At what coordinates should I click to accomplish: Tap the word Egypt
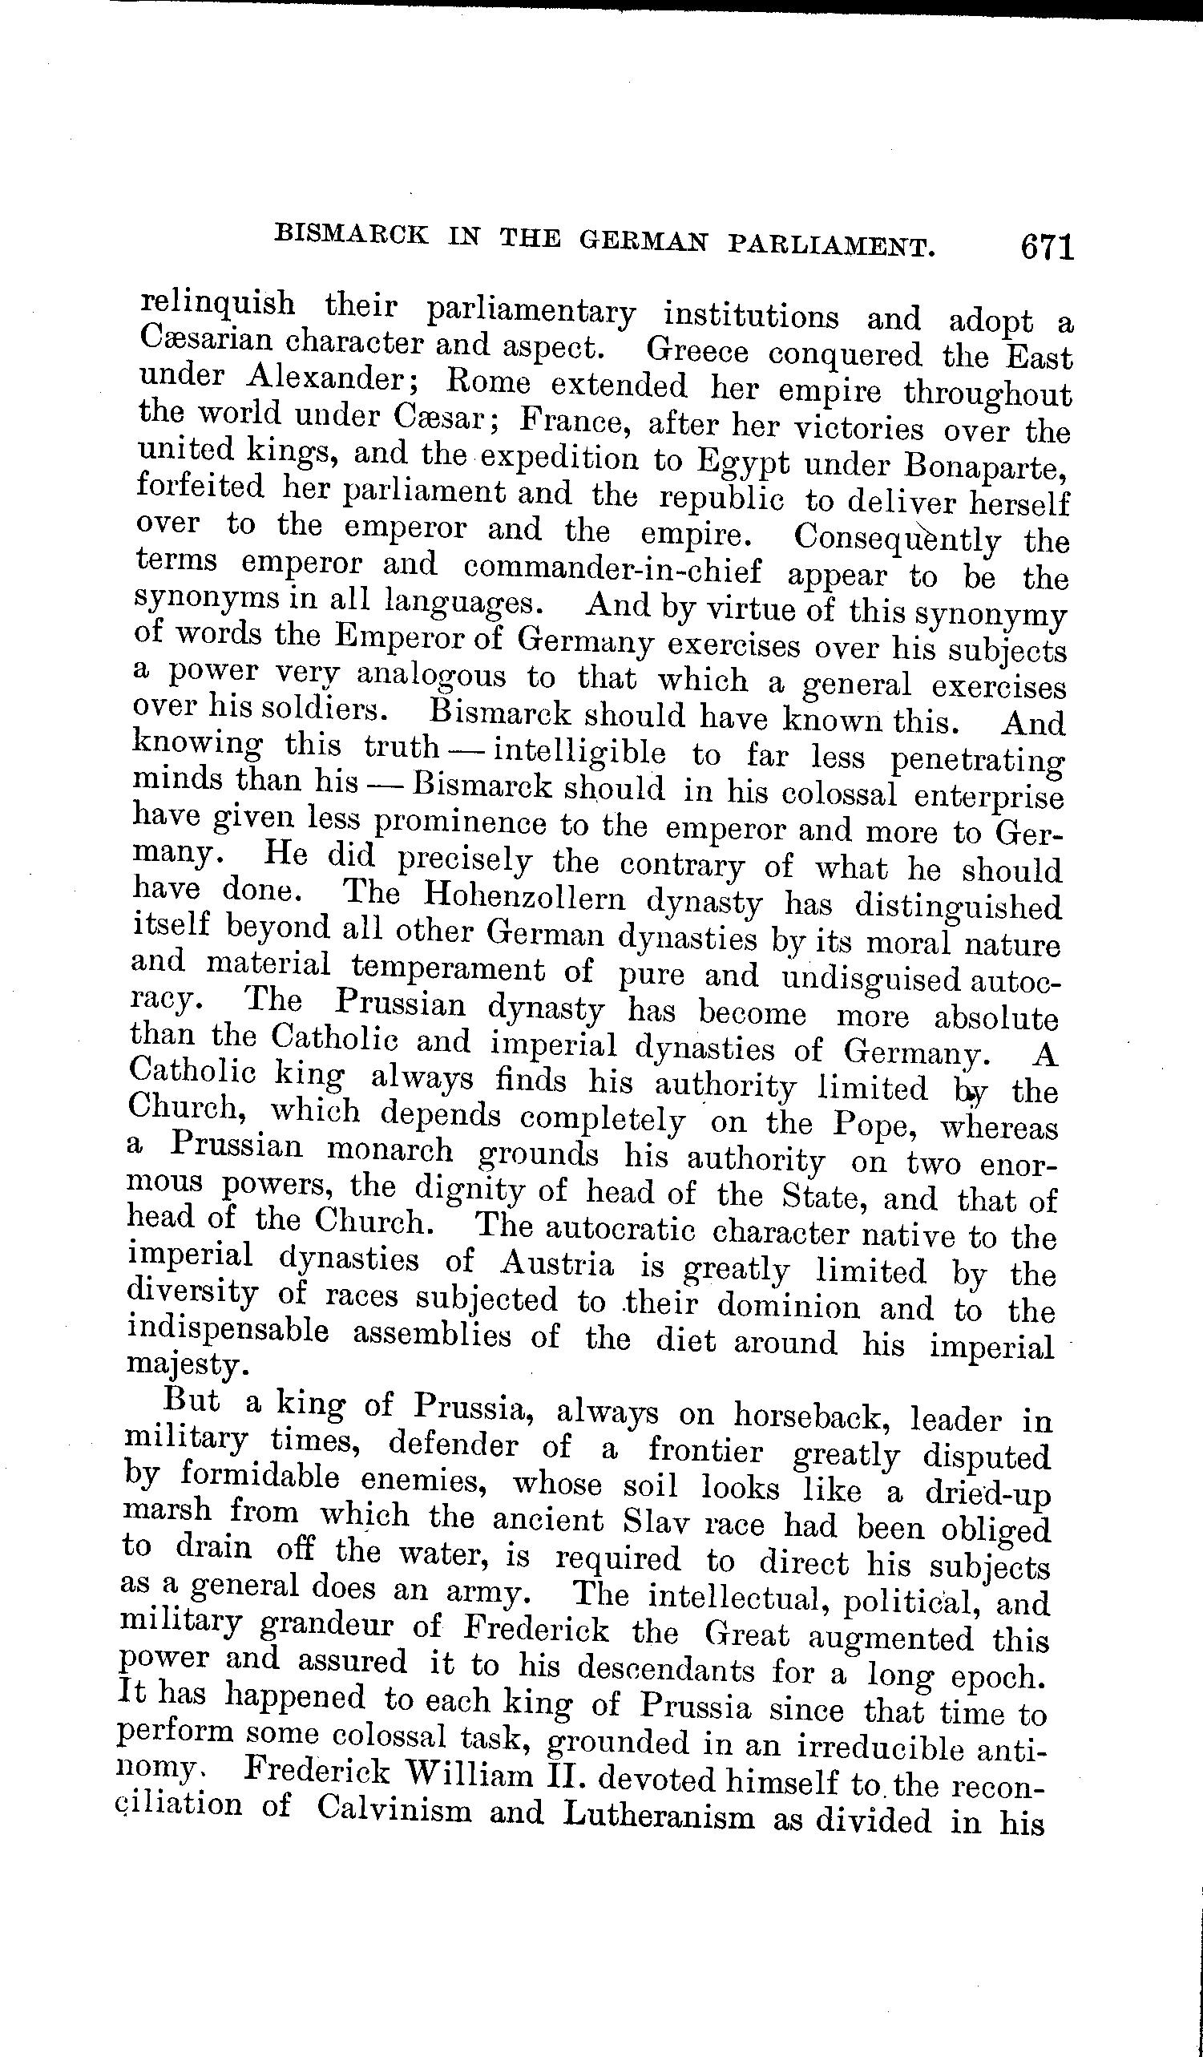coord(743,463)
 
